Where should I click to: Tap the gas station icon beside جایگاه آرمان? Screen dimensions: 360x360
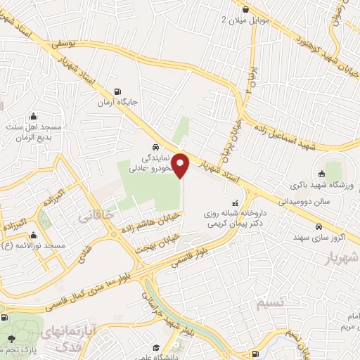click(x=116, y=91)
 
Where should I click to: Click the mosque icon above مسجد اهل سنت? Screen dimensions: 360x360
click(x=33, y=117)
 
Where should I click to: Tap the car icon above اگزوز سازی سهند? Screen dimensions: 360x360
click(x=319, y=227)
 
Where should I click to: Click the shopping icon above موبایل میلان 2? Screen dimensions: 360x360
click(x=244, y=8)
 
